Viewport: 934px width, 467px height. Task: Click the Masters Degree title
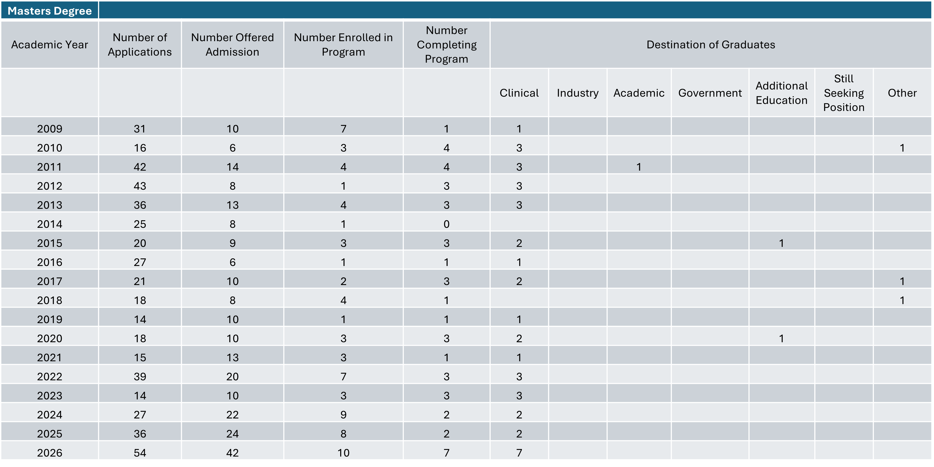click(x=50, y=11)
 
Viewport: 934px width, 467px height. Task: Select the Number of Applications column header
click(x=140, y=45)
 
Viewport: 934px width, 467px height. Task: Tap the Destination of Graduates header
click(x=711, y=45)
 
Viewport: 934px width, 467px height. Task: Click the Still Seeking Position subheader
click(x=844, y=93)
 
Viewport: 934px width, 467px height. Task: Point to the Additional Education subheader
click(x=781, y=93)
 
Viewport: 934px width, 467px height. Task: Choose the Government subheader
click(x=710, y=93)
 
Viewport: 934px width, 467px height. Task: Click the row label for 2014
click(x=50, y=224)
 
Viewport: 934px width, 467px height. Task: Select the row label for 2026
click(x=50, y=453)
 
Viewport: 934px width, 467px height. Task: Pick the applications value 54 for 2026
click(x=140, y=453)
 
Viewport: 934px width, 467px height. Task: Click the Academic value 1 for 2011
click(x=639, y=167)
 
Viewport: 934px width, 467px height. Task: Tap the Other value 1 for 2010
click(x=902, y=148)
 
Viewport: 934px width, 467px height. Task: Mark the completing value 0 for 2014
click(x=446, y=224)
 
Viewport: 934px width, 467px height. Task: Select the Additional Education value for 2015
click(x=781, y=243)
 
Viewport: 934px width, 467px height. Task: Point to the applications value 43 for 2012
click(x=140, y=186)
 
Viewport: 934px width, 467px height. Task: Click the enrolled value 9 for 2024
click(x=343, y=414)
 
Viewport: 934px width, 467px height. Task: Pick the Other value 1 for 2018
click(x=902, y=300)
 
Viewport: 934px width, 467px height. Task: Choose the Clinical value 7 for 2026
click(x=519, y=453)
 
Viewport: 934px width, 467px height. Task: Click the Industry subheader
click(x=577, y=93)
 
